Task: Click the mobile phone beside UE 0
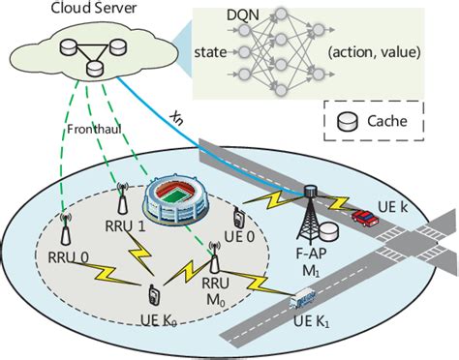point(236,220)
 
